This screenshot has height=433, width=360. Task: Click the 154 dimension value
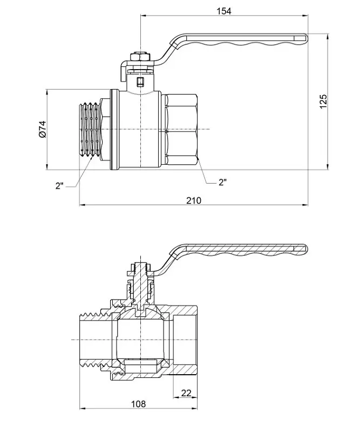tap(223, 11)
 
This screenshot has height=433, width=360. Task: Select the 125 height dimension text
tap(323, 102)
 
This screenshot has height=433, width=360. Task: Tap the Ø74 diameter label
tap(43, 129)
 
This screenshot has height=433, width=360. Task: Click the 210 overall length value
tap(194, 200)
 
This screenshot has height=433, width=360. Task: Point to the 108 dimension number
tap(138, 404)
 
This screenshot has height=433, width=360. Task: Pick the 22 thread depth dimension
tap(186, 393)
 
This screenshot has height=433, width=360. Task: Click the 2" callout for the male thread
tap(59, 186)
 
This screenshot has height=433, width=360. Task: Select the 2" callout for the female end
tap(222, 182)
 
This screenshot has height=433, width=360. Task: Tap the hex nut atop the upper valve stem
tap(140, 57)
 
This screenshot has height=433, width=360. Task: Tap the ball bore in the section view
tap(141, 340)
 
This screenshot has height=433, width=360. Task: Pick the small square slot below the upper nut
tap(140, 82)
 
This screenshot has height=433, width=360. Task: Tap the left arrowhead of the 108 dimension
tap(83, 409)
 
